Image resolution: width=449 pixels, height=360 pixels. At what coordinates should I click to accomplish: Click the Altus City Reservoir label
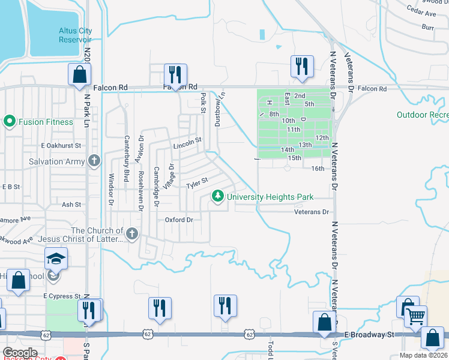[x=75, y=35]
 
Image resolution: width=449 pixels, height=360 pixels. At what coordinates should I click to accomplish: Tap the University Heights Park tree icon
[x=218, y=196]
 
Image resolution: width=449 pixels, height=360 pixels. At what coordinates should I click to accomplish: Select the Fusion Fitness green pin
[x=9, y=122]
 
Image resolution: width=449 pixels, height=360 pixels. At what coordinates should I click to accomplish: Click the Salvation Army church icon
[x=93, y=161]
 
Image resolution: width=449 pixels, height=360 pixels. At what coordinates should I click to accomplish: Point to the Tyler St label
[x=197, y=181]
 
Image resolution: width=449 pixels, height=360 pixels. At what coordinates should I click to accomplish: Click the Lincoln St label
[x=186, y=143]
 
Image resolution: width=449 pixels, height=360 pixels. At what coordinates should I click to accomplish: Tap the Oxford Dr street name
[x=179, y=220]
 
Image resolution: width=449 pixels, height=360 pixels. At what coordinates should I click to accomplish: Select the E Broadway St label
[x=368, y=334]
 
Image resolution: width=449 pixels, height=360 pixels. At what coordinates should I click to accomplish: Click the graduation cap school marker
[x=56, y=259]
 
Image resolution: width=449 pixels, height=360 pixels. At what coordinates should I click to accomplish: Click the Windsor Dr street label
[x=111, y=189]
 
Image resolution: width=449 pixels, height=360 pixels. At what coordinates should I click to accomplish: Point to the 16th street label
[x=318, y=169]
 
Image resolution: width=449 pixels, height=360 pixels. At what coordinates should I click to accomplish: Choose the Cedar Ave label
[x=421, y=13]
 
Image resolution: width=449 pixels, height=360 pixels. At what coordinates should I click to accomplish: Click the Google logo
[x=20, y=353]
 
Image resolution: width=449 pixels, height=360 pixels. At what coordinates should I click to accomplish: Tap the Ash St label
[x=71, y=205]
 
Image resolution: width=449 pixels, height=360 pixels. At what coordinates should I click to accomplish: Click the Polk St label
[x=203, y=102]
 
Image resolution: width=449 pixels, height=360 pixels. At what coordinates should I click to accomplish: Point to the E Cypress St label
[x=61, y=296]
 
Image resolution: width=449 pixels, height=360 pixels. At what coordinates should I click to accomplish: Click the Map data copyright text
[x=424, y=355]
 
